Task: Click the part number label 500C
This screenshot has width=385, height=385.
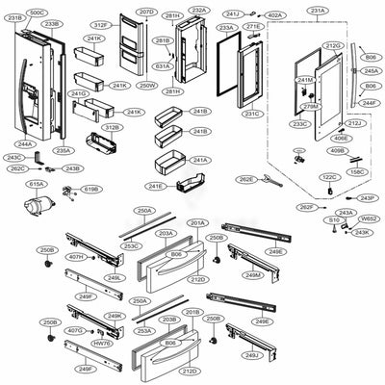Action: click(x=37, y=13)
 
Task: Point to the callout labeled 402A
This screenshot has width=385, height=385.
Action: click(x=274, y=15)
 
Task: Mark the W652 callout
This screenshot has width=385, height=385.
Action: click(x=367, y=219)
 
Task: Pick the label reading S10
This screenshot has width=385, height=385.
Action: click(x=334, y=219)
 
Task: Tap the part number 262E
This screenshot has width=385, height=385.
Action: click(x=246, y=179)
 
